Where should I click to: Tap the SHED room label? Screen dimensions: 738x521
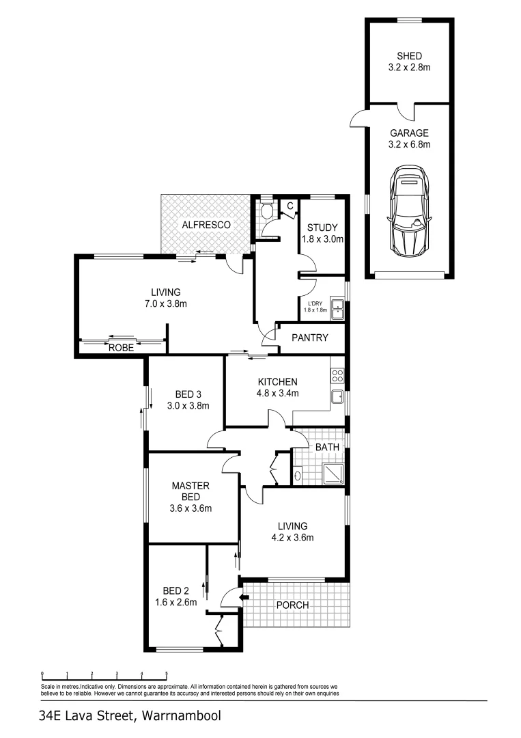click(409, 56)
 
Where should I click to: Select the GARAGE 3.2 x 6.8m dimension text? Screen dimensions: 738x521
click(409, 144)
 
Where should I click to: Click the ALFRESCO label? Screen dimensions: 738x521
click(206, 224)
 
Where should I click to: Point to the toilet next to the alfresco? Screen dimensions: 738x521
click(267, 210)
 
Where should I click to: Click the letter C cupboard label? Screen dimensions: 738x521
click(290, 205)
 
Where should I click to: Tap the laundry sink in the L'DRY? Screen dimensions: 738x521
click(337, 305)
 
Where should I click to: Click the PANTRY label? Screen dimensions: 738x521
click(310, 338)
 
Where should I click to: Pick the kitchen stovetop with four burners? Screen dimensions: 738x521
click(337, 375)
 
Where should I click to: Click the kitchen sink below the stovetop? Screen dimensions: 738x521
click(337, 396)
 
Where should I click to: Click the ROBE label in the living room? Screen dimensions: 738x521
click(120, 347)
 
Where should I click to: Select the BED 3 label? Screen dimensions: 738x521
click(188, 394)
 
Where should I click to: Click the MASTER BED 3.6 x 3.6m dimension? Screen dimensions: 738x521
click(191, 508)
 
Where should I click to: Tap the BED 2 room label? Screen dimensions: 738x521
click(175, 590)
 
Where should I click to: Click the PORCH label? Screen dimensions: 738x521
click(292, 605)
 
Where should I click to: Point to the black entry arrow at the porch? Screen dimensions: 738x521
click(243, 597)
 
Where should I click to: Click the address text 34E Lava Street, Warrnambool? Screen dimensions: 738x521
click(130, 717)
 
